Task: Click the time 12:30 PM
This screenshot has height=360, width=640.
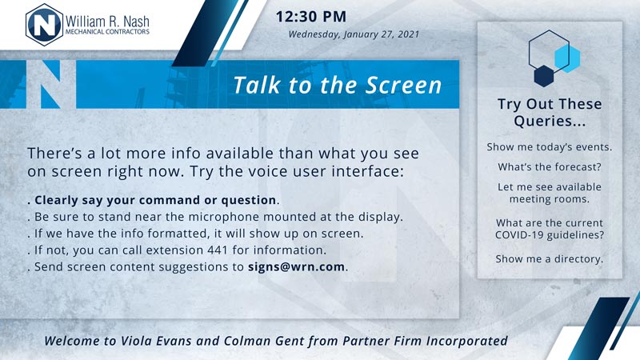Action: pyautogui.click(x=311, y=17)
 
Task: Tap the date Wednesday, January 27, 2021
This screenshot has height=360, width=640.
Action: pyautogui.click(x=354, y=34)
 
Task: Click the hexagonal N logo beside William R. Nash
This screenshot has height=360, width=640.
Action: pyautogui.click(x=45, y=25)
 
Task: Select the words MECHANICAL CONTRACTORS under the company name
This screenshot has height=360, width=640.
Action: pyautogui.click(x=107, y=31)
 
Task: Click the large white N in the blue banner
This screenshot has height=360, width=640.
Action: pyautogui.click(x=51, y=85)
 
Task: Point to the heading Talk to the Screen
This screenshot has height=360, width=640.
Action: pyautogui.click(x=338, y=85)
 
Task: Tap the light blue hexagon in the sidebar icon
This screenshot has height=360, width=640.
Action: pyautogui.click(x=567, y=58)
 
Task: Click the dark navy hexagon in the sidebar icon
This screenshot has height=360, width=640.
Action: pyautogui.click(x=544, y=76)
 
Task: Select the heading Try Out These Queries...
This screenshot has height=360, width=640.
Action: pyautogui.click(x=550, y=112)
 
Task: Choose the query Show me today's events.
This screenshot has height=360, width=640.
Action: pyautogui.click(x=550, y=147)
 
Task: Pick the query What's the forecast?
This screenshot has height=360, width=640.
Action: pyautogui.click(x=550, y=167)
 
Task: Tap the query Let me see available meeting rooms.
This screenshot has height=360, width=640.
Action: pyautogui.click(x=550, y=193)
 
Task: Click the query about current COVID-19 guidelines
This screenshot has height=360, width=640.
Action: pyautogui.click(x=550, y=229)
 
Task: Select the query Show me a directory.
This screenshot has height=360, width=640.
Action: pyautogui.click(x=550, y=258)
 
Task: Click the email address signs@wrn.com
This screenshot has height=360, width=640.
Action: pyautogui.click(x=296, y=267)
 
